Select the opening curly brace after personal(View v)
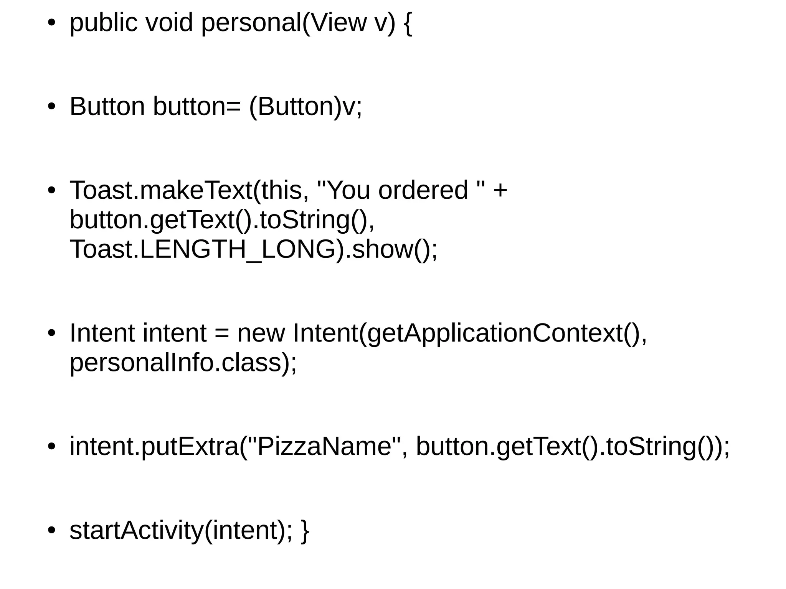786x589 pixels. (408, 24)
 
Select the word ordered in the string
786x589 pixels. (423, 190)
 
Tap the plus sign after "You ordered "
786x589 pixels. (500, 191)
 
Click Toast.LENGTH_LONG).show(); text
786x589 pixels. (253, 250)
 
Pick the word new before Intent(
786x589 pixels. (261, 333)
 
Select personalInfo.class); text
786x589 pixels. (183, 363)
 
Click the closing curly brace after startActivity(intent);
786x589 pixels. (305, 531)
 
